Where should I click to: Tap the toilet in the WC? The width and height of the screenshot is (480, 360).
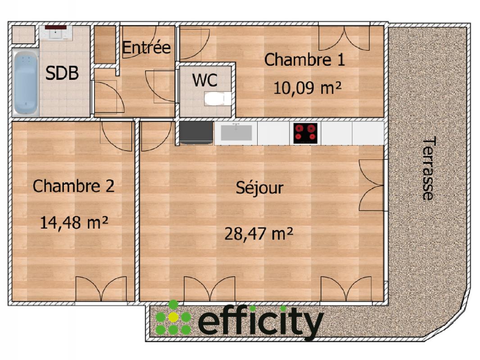coord(217,99)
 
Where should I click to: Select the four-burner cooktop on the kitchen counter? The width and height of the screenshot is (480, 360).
coord(305,133)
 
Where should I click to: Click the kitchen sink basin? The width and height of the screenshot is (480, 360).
coord(236,132)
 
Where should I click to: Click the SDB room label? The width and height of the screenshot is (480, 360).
coord(62,73)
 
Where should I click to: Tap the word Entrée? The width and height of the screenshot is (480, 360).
coord(146,47)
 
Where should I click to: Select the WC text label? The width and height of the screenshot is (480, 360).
coord(205,80)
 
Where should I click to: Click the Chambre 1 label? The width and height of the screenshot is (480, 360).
coord(304,60)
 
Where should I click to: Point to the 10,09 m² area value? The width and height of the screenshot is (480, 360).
coord(307,88)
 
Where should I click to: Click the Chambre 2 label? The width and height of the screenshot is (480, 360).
coord(73,186)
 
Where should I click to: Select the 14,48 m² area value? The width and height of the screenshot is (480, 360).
coord(74,222)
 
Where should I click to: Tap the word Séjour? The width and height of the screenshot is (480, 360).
coord(260,188)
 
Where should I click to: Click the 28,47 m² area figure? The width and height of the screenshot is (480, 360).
coord(259,234)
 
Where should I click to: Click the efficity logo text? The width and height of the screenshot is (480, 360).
coord(261,322)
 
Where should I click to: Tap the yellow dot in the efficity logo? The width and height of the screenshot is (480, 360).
coord(173,318)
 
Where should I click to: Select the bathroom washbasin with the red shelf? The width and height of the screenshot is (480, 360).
coord(56,32)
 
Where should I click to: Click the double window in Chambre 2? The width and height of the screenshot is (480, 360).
coord(101,289)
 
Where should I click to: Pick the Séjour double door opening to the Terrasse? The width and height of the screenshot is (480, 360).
coord(371,185)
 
